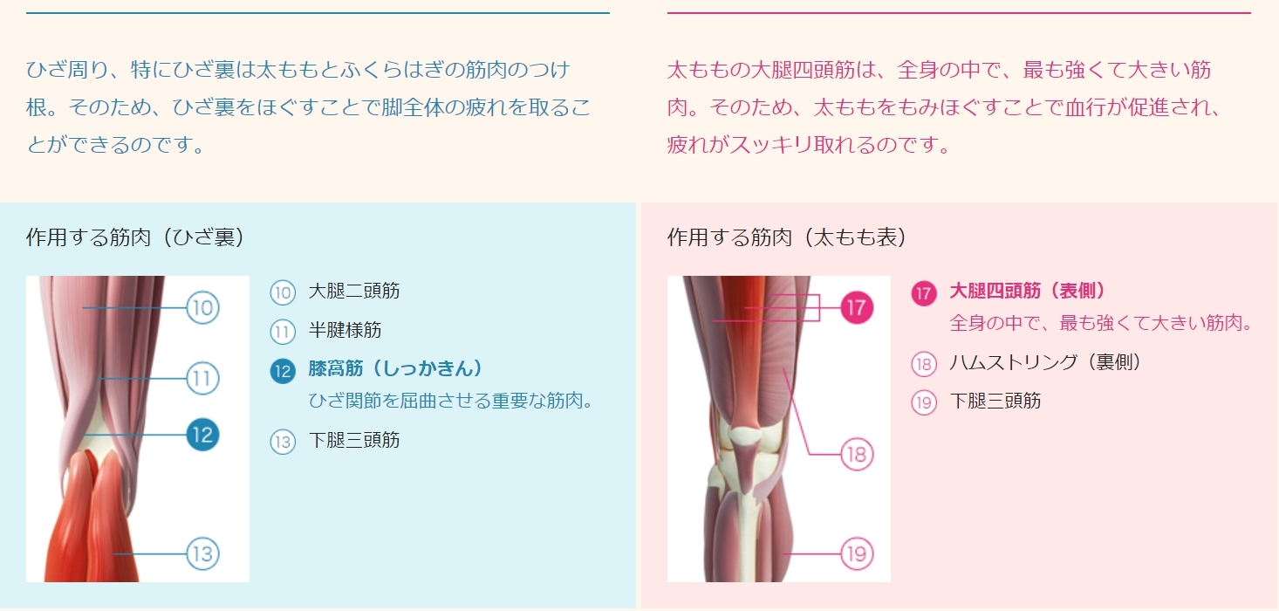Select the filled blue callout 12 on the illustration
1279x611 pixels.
(202, 436)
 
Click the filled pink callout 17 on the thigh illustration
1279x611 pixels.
(857, 308)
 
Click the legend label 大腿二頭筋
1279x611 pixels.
(354, 292)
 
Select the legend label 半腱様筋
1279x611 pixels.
(345, 330)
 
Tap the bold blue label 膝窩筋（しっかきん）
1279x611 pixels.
(395, 368)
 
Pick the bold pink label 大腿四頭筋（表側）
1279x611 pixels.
(1027, 292)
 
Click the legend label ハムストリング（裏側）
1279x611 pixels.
(1045, 362)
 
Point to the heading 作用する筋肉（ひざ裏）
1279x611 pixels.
(135, 237)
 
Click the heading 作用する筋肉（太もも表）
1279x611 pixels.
(787, 237)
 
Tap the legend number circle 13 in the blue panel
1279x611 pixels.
(283, 442)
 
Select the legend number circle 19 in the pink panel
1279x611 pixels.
(924, 402)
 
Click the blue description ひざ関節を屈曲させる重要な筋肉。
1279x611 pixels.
(451, 401)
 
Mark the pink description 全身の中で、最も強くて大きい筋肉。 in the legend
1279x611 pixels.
(1101, 323)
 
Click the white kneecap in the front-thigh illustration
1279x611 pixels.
(746, 436)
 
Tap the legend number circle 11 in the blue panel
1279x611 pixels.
(283, 332)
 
